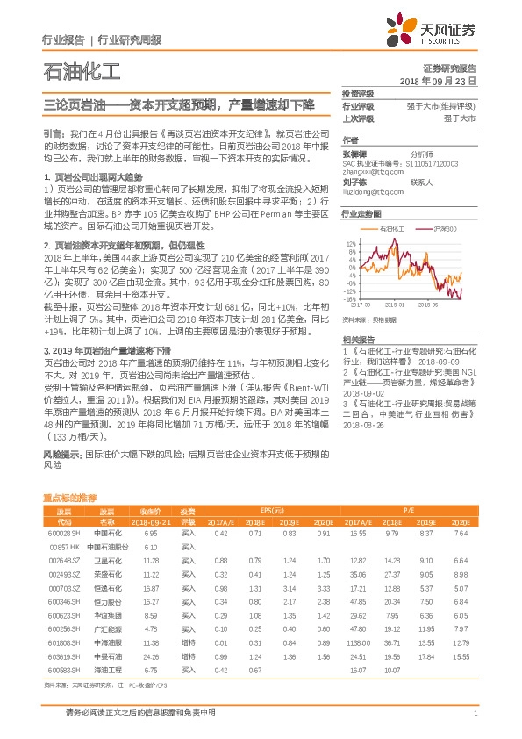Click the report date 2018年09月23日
(x=437, y=80)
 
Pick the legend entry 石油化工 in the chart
(x=392, y=228)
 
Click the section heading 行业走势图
(x=361, y=213)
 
